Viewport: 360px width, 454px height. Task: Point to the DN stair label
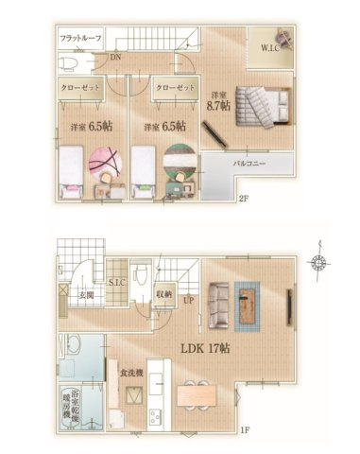[114, 59]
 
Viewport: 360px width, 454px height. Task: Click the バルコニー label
[252, 163]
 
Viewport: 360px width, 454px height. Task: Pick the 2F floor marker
[243, 198]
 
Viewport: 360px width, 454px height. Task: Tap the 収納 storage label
[162, 294]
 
